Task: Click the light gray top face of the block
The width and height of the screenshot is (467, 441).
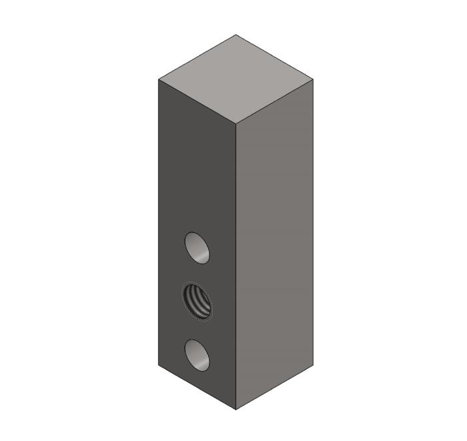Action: (236, 79)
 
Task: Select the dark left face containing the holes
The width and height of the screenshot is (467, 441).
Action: (197, 173)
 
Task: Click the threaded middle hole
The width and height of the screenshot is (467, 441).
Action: (197, 302)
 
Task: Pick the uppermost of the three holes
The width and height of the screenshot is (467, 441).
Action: (197, 247)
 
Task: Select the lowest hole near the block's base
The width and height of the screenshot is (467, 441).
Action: (197, 354)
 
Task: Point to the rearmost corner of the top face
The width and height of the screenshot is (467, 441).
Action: (236, 35)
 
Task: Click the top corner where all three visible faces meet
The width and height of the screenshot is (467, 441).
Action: (236, 124)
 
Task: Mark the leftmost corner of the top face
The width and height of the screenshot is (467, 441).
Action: (159, 79)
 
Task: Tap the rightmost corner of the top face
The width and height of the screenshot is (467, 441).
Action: (314, 79)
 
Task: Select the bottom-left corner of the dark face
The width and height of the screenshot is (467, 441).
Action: (159, 365)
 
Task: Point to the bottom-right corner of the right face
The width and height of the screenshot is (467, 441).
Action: (314, 365)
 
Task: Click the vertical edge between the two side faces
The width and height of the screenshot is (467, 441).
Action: (236, 267)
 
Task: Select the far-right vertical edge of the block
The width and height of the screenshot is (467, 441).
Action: (314, 220)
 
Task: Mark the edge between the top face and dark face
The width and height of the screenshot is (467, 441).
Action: (197, 101)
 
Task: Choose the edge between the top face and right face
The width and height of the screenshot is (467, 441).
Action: (275, 101)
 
